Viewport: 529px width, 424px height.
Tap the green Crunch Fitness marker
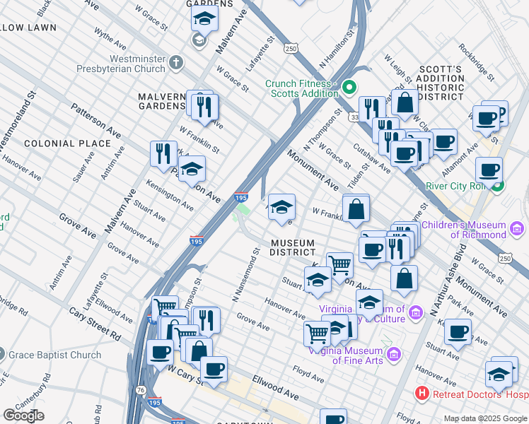click(x=348, y=88)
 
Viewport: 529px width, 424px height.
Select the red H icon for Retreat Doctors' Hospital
click(x=422, y=392)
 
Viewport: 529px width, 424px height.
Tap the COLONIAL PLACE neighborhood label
click(x=67, y=143)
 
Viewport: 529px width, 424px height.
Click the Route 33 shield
click(x=354, y=117)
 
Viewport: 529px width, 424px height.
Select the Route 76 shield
click(x=141, y=389)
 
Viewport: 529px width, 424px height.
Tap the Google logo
click(x=23, y=416)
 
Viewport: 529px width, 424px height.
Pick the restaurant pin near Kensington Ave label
click(x=163, y=153)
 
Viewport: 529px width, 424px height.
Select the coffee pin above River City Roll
click(x=489, y=170)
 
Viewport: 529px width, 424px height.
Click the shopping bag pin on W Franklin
click(x=356, y=208)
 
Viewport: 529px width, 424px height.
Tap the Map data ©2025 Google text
click(x=484, y=418)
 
